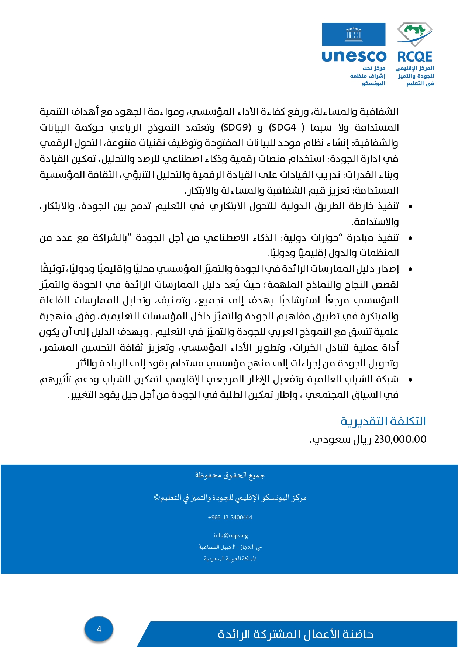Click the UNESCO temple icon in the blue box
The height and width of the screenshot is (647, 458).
(353, 35)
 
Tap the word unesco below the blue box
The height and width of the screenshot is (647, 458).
(354, 56)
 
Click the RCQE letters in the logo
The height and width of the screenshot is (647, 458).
(415, 57)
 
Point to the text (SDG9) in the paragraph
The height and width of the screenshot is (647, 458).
(236, 128)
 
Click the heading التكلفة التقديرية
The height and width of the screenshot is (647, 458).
(383, 421)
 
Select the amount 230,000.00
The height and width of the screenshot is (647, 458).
(400, 439)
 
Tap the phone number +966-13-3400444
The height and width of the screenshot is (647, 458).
(230, 518)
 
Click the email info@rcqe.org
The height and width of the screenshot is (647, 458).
(231, 535)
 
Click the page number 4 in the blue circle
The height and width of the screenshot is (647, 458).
(99, 629)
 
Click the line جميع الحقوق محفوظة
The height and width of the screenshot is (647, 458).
(230, 475)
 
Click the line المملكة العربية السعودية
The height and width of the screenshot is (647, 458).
(230, 559)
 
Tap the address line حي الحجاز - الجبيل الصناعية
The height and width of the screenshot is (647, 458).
(230, 547)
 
